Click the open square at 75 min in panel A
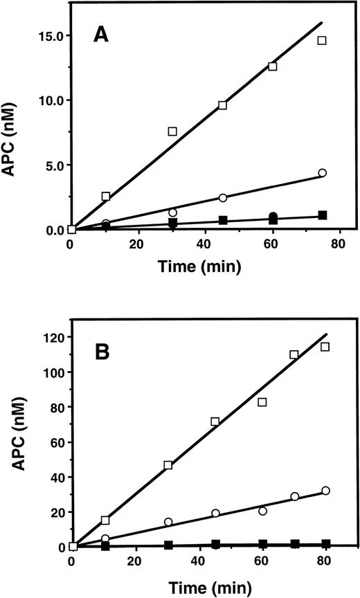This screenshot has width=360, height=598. point(322,41)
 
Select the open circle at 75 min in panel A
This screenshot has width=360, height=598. point(322,173)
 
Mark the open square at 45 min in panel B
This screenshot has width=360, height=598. point(215,422)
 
